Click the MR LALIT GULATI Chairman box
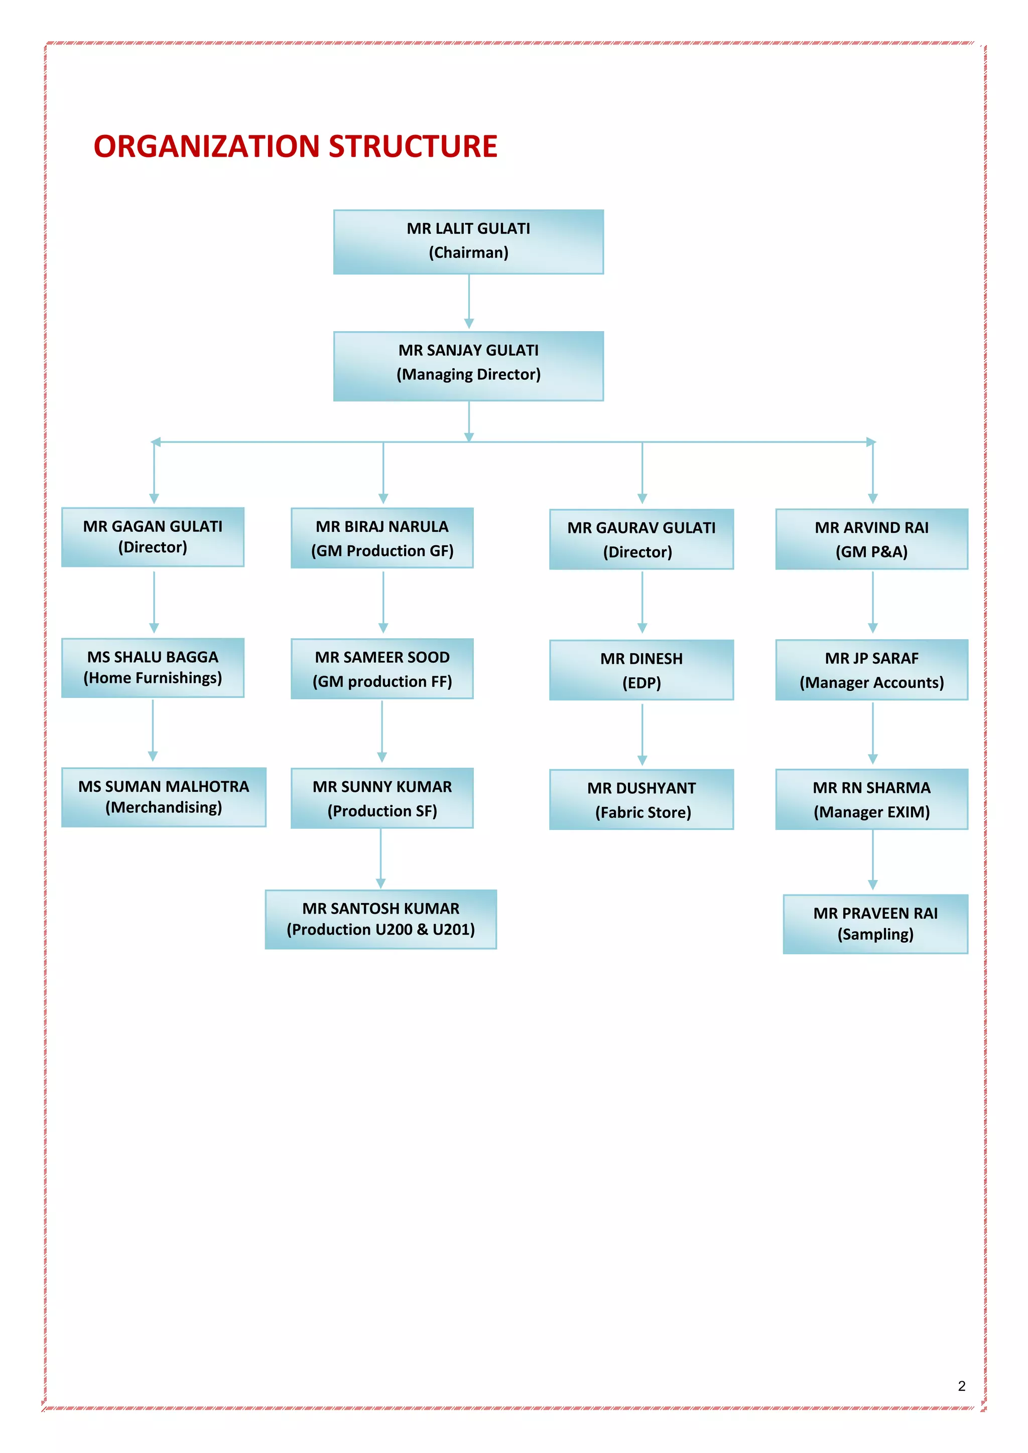pyautogui.click(x=468, y=242)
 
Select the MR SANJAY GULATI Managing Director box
pyautogui.click(x=468, y=366)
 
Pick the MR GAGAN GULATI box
pyautogui.click(x=153, y=537)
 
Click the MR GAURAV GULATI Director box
pyautogui.click(x=641, y=539)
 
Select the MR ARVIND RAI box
pyautogui.click(x=872, y=539)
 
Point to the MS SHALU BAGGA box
pyautogui.click(x=153, y=668)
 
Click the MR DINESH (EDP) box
pyautogui.click(x=641, y=670)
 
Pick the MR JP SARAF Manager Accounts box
pyautogui.click(x=872, y=670)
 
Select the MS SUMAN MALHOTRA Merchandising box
pyautogui.click(x=163, y=797)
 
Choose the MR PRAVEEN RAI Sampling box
pyautogui.click(x=875, y=924)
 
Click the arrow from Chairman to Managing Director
pyautogui.click(x=469, y=301)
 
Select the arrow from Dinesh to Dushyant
pyautogui.click(x=642, y=734)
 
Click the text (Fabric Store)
pyautogui.click(x=642, y=813)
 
